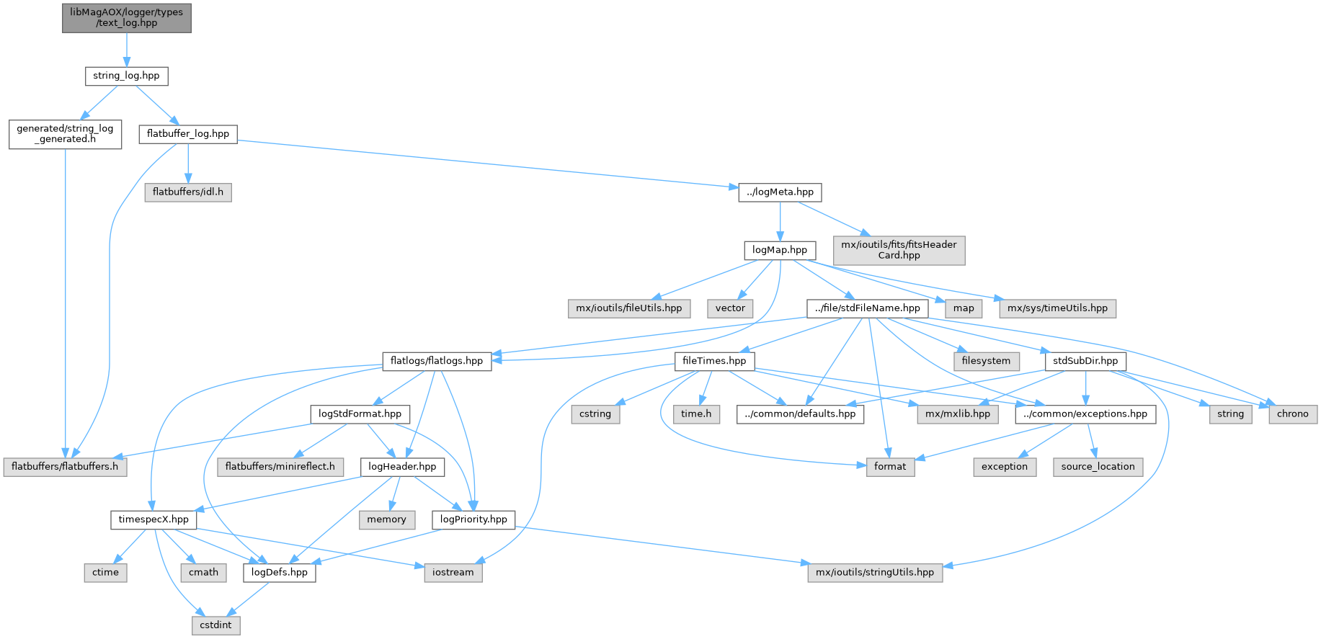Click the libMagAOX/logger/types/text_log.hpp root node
[x=126, y=17]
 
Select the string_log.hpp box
[x=126, y=76]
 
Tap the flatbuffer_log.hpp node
[x=187, y=134]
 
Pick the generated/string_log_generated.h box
[x=65, y=134]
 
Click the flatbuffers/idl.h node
[x=187, y=192]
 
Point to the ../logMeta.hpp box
[x=780, y=192]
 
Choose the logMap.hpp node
[x=780, y=250]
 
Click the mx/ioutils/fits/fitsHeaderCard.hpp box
[x=899, y=250]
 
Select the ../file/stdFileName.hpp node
[x=867, y=308]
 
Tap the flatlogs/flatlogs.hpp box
[x=436, y=361]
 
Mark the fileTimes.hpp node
[x=714, y=361]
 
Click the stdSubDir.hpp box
[x=1085, y=361]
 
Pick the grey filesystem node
[x=986, y=361]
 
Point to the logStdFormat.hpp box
[x=360, y=414]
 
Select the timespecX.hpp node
[x=154, y=519]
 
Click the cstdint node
[x=215, y=625]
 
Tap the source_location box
[x=1098, y=467]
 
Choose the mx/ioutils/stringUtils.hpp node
[x=874, y=573]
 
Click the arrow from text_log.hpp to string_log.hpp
[x=126, y=50]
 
